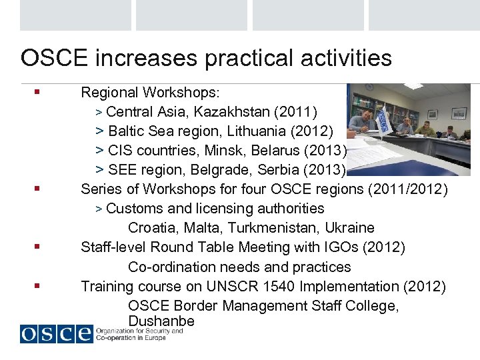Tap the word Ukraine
pyautogui.click(x=349, y=228)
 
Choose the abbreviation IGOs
pyautogui.click(x=339, y=247)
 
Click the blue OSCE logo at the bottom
pyautogui.click(x=56, y=333)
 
